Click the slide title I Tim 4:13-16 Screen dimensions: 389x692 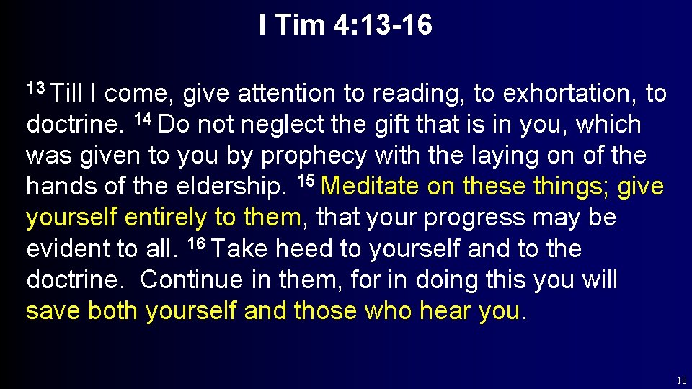346,26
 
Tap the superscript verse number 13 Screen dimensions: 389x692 36,89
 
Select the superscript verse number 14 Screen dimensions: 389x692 144,120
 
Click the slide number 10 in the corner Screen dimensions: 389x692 681,380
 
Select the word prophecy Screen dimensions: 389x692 312,156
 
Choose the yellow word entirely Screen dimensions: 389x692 167,218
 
